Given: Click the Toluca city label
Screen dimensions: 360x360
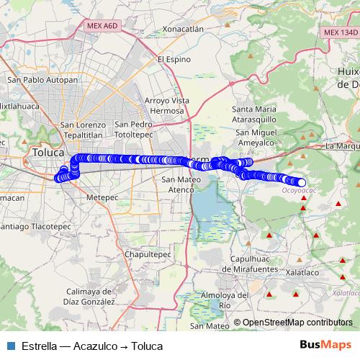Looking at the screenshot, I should point(48,153).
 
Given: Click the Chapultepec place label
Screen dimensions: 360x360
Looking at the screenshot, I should point(147,255).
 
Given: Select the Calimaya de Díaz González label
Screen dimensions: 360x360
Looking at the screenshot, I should point(90,297).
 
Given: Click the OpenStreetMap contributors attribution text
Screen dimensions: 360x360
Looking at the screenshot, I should point(297,323).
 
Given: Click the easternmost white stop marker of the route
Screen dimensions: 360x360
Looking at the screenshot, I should point(301,183).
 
